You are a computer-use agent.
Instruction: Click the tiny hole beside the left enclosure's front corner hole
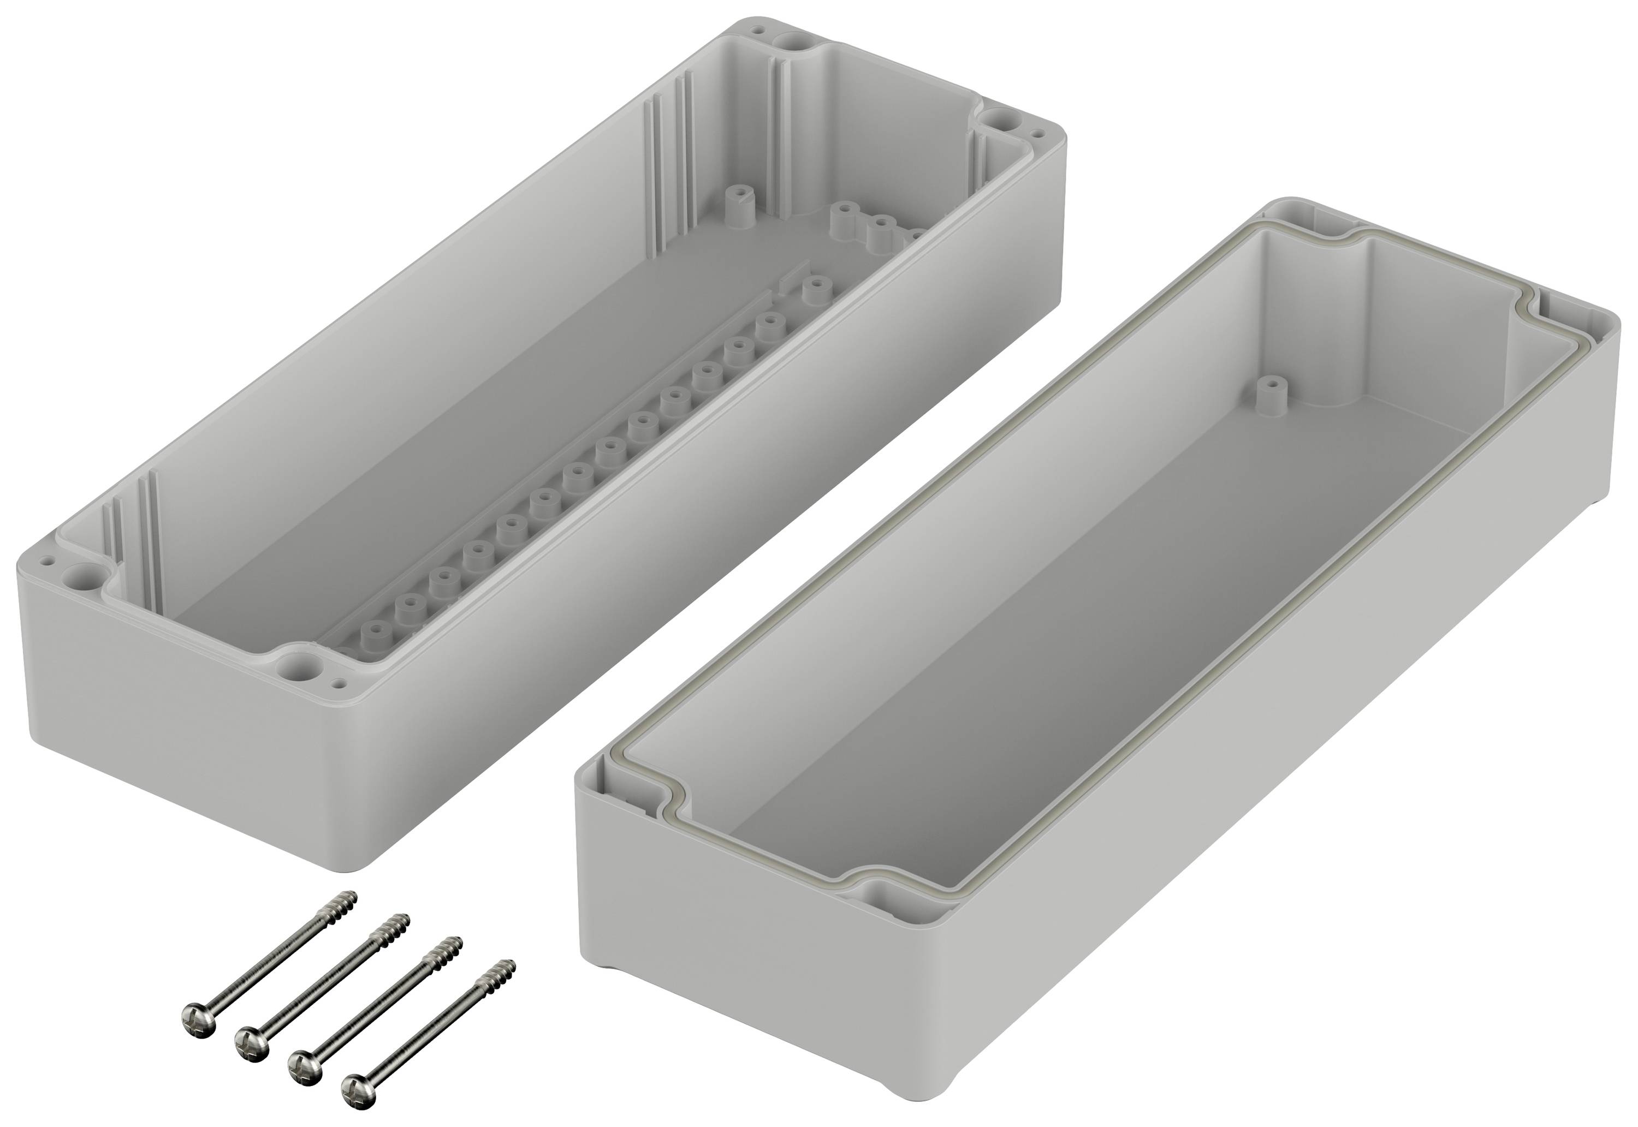pyautogui.click(x=342, y=683)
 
